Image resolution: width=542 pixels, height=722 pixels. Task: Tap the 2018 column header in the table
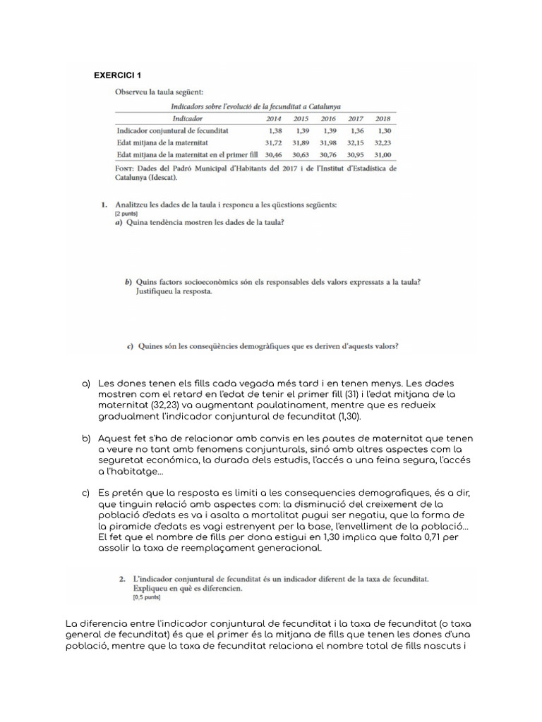[383, 118]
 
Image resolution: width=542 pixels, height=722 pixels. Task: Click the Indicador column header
[187, 118]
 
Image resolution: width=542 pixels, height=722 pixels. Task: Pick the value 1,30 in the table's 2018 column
[384, 130]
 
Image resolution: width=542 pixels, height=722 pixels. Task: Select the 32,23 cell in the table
[382, 142]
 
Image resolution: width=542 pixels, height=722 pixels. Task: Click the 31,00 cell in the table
[382, 153]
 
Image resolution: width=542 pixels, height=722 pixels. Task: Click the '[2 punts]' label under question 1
[126, 213]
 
